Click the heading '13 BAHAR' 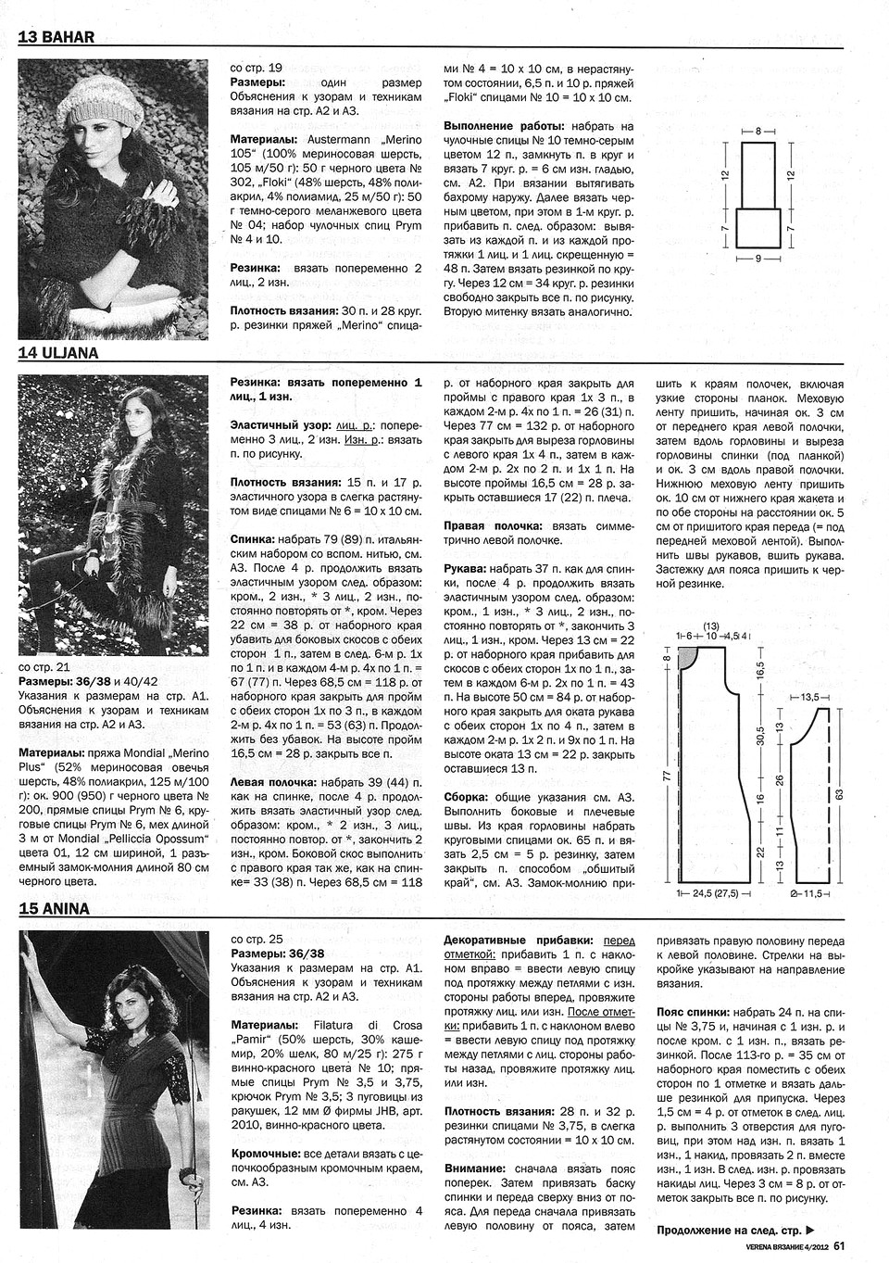(56, 38)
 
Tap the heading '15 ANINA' (54, 908)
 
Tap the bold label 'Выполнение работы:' (501, 126)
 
